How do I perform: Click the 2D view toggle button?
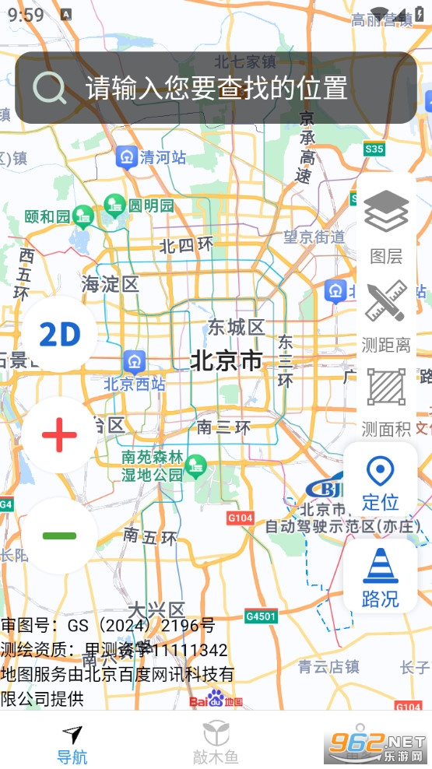60,335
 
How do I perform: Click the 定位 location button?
381,482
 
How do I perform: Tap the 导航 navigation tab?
72,743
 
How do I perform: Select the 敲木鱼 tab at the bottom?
216,743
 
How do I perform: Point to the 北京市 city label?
227,360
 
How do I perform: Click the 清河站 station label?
163,157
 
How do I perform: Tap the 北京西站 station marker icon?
134,361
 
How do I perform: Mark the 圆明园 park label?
151,205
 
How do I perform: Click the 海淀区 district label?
110,284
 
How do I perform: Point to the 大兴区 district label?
156,609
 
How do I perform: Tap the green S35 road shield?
374,149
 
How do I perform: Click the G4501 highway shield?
261,616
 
